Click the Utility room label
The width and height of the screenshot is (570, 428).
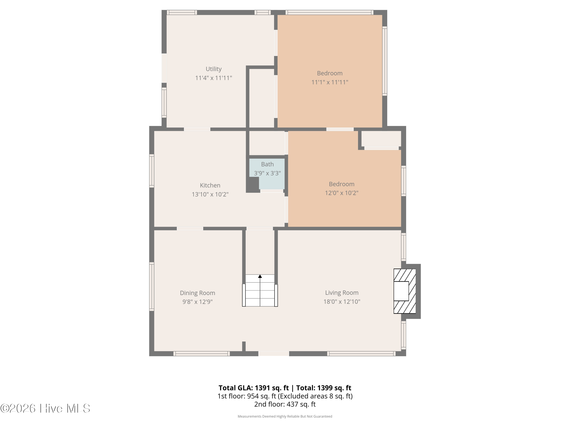213,69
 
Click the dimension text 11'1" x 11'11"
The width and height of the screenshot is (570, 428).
330,82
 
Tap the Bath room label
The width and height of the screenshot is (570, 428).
267,164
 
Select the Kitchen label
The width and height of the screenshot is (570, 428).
210,185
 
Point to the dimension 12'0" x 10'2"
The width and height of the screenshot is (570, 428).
341,193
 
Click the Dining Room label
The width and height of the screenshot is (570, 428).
197,293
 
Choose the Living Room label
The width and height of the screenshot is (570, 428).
341,293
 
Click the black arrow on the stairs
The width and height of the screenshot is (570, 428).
260,276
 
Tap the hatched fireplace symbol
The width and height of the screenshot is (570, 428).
404,291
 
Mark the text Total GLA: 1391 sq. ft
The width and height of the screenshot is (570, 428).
254,388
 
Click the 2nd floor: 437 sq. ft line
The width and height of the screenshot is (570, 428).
285,404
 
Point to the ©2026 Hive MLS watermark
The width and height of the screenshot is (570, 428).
45,408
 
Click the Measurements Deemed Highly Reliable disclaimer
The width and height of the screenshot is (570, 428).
285,416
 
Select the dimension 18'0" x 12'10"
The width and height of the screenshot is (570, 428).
342,302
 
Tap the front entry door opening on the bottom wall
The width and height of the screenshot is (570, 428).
274,353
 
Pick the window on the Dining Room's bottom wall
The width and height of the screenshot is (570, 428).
202,353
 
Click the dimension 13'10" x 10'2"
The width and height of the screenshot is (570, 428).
210,194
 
